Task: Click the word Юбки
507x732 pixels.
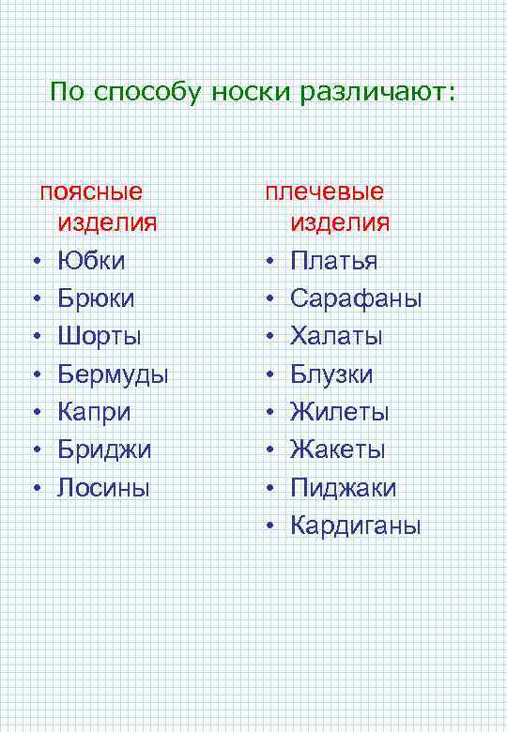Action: point(91,260)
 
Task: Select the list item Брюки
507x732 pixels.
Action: point(96,298)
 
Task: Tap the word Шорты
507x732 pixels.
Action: point(100,336)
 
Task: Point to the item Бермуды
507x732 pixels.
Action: point(113,374)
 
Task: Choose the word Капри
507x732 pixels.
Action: point(94,412)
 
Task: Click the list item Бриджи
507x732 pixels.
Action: point(104,450)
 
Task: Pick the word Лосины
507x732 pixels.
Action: point(103,487)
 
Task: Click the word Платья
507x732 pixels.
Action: point(333,260)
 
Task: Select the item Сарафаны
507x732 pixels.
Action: point(356,298)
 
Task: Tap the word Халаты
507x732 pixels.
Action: point(336,336)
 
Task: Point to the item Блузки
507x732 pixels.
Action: point(331,374)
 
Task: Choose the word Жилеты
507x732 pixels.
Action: point(339,412)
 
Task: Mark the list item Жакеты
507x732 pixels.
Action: point(338,450)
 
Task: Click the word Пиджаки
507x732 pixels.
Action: point(343,488)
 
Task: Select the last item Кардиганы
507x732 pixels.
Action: point(356,526)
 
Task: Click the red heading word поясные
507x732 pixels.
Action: point(91,192)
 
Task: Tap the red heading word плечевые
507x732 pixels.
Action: point(324,192)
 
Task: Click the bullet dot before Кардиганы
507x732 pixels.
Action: point(269,526)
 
